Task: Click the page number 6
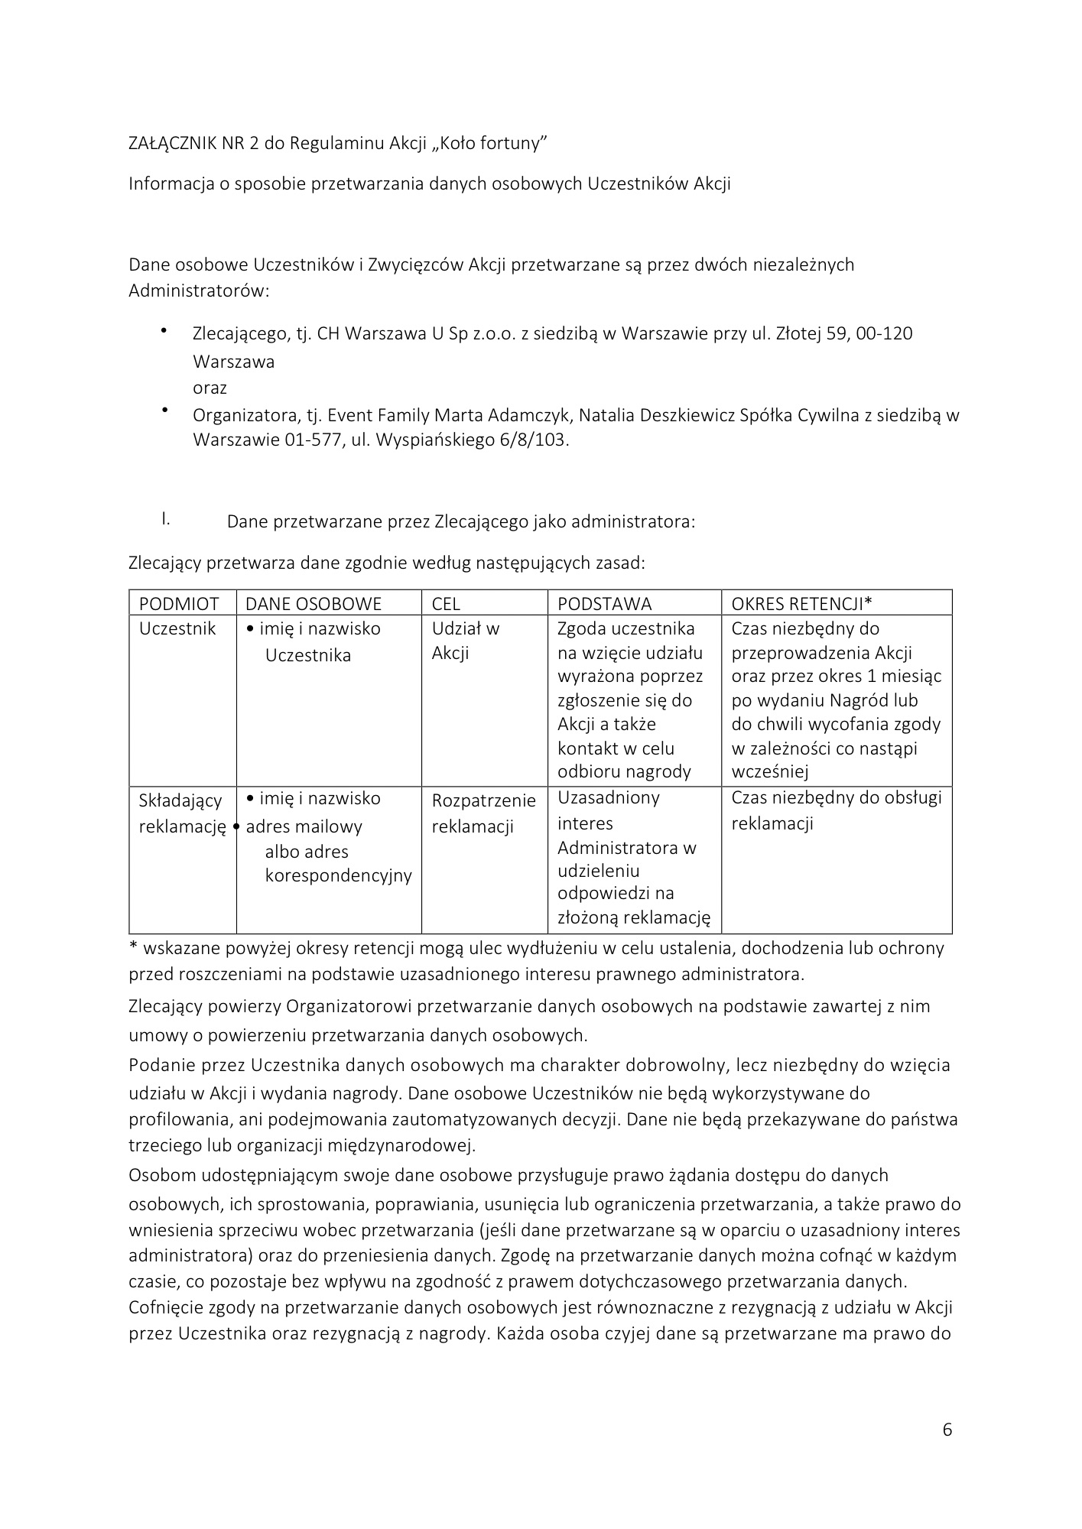[947, 1430]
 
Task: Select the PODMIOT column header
[179, 603]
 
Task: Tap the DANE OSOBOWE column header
[314, 603]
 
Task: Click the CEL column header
[446, 603]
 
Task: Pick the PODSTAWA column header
[605, 603]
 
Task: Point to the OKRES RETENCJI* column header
[802, 603]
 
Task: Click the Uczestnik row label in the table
[177, 628]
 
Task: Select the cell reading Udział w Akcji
[465, 641]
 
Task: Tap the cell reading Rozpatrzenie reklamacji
[483, 813]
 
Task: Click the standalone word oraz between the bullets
[210, 388]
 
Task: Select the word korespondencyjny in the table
[338, 875]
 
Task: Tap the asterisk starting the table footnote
[134, 948]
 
